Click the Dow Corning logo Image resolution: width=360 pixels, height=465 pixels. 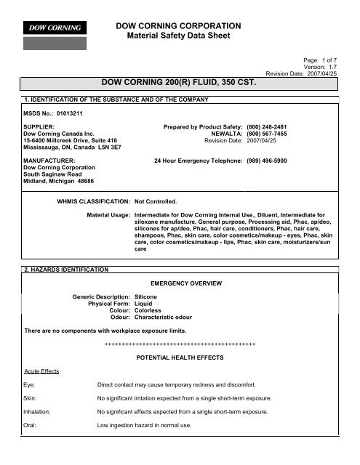coord(55,28)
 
